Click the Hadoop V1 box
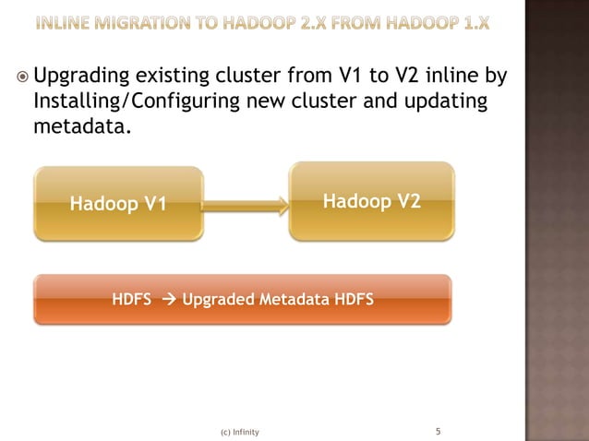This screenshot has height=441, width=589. point(118,204)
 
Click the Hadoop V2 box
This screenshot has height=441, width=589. point(372,201)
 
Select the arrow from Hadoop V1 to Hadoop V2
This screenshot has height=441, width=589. point(246,205)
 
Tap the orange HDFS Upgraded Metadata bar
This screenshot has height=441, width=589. point(243,300)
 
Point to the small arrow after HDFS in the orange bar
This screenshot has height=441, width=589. point(167,300)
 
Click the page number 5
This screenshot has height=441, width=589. point(439,431)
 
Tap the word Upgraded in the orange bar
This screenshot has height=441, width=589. point(218,300)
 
